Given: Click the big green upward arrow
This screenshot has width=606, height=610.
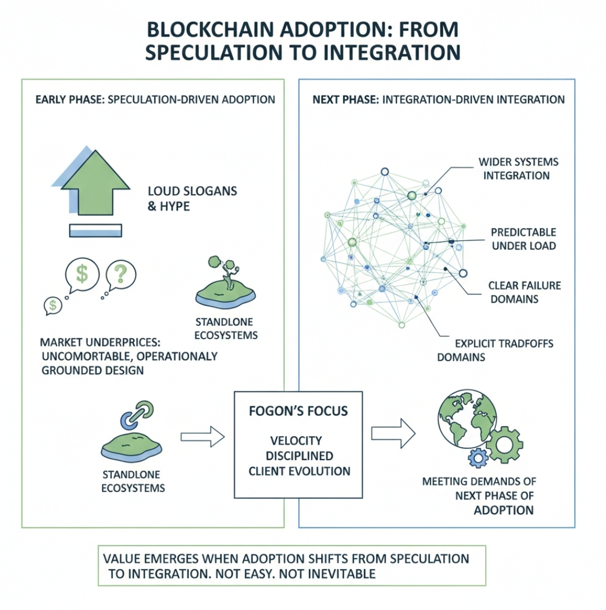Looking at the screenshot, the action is [95, 185].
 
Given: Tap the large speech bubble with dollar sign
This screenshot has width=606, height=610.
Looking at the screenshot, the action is [81, 275].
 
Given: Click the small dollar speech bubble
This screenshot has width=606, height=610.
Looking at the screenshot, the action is [53, 306].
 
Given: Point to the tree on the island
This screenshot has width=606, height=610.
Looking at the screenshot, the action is [225, 271].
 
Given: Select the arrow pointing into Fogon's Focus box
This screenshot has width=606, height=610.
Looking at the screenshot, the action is [203, 436].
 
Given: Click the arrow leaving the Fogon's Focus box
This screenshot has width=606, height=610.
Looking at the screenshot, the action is [393, 433].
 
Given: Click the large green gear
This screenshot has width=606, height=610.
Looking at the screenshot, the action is [505, 444].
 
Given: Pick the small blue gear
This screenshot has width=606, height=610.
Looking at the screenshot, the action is [478, 458].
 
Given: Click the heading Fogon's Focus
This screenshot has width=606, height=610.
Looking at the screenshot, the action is [298, 411].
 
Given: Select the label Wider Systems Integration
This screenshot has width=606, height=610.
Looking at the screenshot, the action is [518, 169].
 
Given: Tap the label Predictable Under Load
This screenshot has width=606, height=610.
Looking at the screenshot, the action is [523, 239].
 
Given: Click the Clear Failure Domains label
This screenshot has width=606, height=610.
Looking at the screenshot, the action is [525, 292].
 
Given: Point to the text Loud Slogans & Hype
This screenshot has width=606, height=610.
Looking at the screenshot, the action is [192, 198].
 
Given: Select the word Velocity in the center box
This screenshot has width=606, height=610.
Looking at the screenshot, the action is [296, 440].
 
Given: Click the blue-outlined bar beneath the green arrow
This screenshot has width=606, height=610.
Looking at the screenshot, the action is [95, 231].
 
